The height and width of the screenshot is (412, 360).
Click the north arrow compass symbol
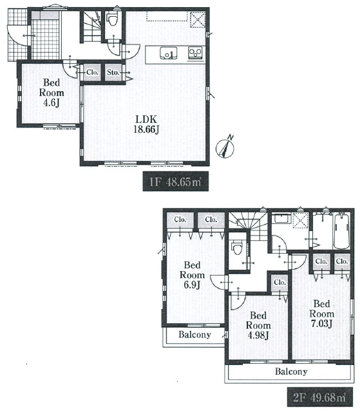[225, 147]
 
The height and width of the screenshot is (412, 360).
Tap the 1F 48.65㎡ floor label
[176, 182]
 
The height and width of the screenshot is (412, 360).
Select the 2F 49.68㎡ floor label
[319, 397]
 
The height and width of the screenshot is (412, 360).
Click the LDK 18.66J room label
[146, 124]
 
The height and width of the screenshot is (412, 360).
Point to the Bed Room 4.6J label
[52, 93]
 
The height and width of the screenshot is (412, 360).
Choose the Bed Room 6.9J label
[192, 275]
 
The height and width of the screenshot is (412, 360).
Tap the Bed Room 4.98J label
[258, 325]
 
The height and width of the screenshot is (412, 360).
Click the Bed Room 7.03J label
[321, 314]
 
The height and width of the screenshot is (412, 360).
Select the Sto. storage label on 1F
[113, 72]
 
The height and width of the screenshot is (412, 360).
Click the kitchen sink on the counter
[169, 53]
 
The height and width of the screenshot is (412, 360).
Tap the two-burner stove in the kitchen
[195, 53]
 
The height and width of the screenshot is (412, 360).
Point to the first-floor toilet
[113, 19]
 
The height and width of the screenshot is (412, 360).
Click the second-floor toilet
[237, 248]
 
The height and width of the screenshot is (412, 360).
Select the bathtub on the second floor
[341, 231]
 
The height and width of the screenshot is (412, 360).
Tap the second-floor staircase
[247, 225]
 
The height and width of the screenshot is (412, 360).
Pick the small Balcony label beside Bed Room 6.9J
[194, 335]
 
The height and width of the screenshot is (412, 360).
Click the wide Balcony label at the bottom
[291, 371]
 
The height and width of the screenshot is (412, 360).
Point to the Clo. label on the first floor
[92, 72]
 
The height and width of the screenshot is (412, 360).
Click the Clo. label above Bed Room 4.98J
[279, 283]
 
